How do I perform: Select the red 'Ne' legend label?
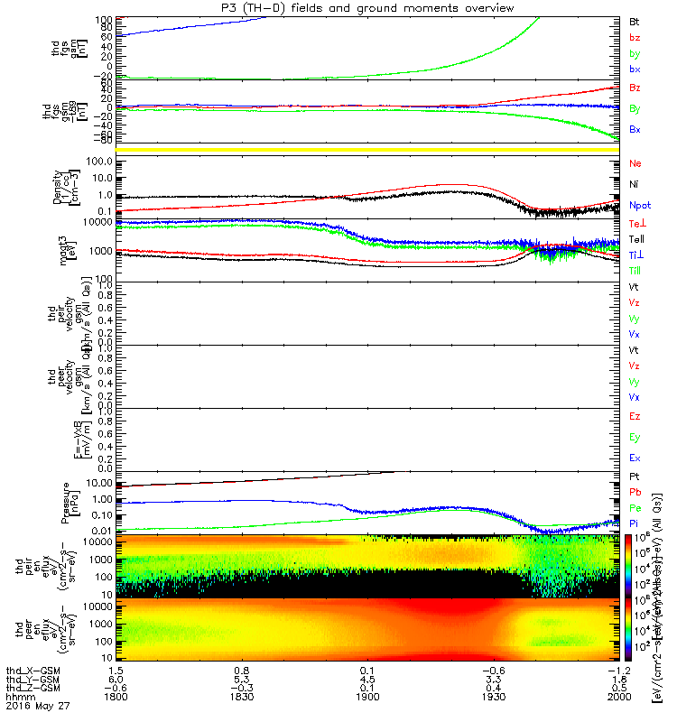point(635,164)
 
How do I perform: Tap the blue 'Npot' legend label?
point(639,204)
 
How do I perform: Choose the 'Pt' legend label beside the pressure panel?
point(635,475)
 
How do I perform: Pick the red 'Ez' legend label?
point(635,417)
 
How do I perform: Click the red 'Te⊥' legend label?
point(636,223)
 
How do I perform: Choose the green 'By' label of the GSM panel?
point(635,108)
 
